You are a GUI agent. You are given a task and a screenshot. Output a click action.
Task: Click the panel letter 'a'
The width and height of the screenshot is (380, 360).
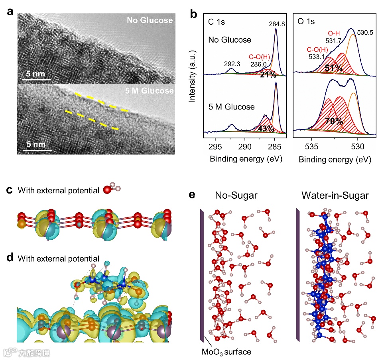(x=10, y=12)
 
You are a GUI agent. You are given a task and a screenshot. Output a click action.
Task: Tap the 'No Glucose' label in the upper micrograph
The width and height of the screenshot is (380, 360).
(x=150, y=20)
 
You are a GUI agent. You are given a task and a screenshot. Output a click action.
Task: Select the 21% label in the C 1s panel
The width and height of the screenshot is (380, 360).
(x=268, y=75)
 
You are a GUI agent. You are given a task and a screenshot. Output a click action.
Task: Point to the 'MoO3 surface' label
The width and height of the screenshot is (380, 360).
(x=226, y=352)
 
